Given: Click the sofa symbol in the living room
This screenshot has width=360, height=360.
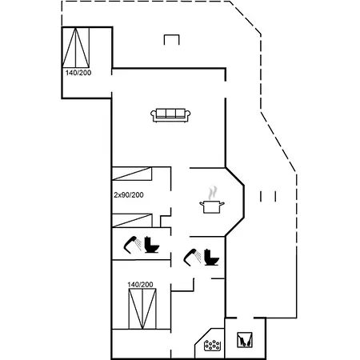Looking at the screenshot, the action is point(170,115).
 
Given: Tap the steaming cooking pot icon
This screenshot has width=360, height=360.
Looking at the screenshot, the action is point(212,201).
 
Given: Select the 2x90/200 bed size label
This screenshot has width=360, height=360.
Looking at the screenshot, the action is point(129,195).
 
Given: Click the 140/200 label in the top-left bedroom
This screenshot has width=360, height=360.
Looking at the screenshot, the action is point(78,73).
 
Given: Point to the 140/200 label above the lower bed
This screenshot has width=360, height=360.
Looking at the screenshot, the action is point(140,285).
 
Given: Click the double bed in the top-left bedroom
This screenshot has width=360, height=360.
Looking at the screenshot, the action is point(76,47).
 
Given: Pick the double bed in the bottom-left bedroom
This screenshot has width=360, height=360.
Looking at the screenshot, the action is point(142,309).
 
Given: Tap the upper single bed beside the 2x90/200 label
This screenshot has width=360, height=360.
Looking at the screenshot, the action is point(132,174).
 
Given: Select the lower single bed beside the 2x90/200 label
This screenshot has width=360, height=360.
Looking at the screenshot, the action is point(132,220).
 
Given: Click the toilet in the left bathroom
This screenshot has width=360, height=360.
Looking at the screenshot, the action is point(151,245).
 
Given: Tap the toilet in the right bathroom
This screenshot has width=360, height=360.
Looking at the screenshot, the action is point(211,257).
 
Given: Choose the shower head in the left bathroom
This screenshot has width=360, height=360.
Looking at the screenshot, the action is point(133,245).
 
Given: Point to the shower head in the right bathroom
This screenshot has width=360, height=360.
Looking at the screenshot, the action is point(193,257).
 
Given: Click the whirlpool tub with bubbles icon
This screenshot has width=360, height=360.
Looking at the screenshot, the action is point(212,345).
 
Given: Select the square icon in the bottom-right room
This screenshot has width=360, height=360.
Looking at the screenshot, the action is point(245,340).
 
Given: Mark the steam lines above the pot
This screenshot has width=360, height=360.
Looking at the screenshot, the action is point(213,193).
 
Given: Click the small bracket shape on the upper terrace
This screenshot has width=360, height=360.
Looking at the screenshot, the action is point(172,39).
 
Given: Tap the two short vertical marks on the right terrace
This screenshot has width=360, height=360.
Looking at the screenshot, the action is point(268,196).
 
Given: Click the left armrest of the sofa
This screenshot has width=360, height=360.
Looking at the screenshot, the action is point(154,114).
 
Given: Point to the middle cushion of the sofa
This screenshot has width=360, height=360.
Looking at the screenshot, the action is point(170,113).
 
